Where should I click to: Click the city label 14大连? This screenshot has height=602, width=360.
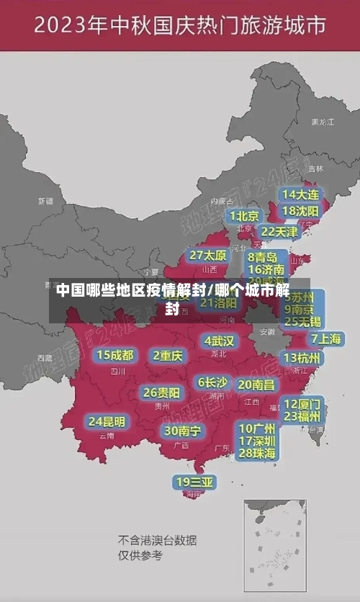301,194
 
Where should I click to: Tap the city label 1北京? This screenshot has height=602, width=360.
245,216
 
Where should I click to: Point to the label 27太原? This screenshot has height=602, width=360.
208,256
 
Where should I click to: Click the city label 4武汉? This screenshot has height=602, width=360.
219,340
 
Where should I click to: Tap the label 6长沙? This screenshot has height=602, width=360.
212,382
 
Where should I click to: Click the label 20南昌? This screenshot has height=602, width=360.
256,385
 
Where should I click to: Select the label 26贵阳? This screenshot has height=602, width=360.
161,392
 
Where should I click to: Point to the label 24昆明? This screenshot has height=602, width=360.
107,421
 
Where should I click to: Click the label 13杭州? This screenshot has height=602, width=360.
302,358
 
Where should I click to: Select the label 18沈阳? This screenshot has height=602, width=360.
301,211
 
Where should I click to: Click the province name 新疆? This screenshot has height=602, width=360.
45,201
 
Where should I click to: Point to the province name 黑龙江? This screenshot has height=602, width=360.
322,122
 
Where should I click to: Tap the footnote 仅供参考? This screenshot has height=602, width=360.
141,555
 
